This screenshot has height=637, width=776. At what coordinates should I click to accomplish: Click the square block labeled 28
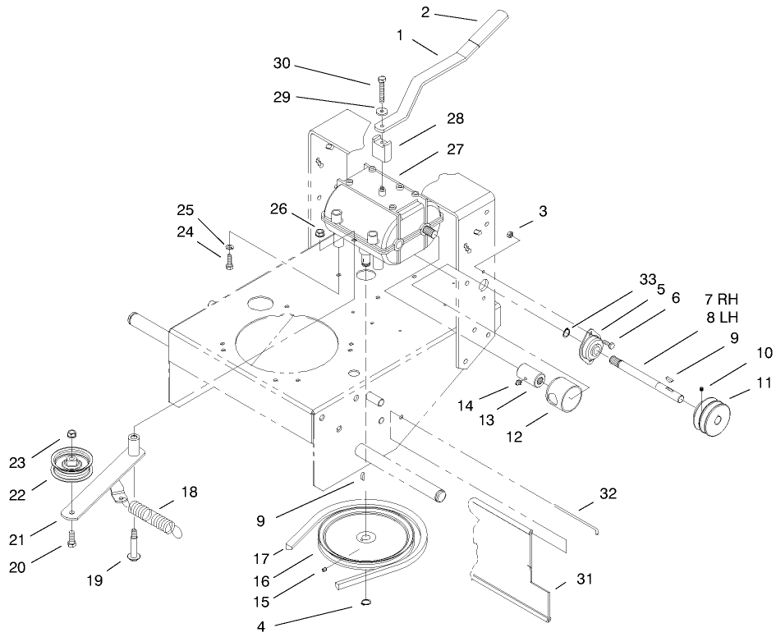click(382, 150)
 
